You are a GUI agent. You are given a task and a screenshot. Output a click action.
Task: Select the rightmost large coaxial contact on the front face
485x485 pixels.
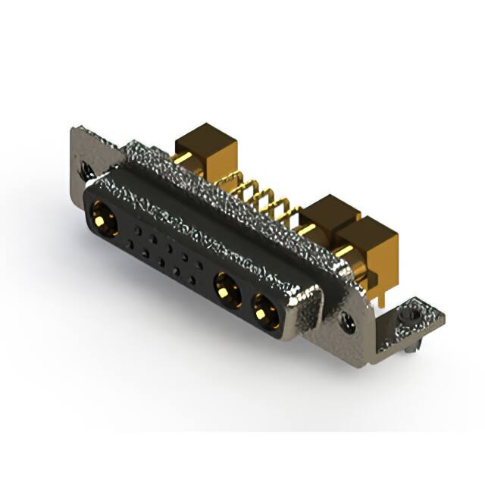point(265,309)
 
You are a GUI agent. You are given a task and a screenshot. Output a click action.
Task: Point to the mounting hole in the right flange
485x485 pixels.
point(348,324)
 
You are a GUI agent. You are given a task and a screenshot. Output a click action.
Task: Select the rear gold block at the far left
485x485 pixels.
point(205,145)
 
